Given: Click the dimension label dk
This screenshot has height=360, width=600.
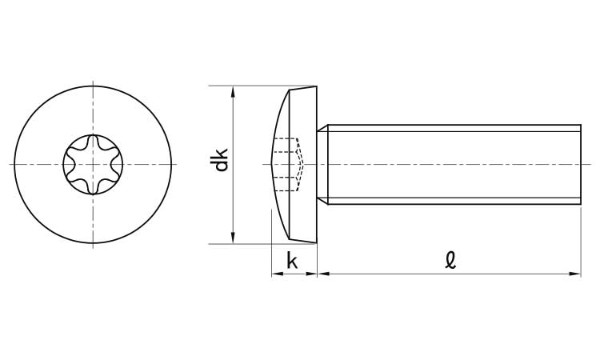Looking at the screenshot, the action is click(222, 159).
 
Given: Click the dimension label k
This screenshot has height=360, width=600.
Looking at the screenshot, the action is click(292, 262).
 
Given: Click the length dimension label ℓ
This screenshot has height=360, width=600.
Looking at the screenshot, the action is click(450, 260).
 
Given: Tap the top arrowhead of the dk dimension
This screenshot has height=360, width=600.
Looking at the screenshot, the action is click(233, 91).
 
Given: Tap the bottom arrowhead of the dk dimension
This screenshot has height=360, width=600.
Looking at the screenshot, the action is click(233, 238).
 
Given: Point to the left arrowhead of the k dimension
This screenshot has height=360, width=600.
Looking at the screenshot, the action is click(277, 274).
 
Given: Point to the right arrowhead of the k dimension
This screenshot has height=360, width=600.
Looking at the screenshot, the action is click(311, 274).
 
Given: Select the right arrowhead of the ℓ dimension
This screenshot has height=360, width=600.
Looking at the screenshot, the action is click(575, 274).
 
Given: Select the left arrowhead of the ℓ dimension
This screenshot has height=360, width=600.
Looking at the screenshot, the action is click(324, 274).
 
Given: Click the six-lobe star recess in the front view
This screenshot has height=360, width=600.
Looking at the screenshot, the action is click(93, 165).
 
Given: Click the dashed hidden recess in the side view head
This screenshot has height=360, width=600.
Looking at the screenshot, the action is click(288, 165).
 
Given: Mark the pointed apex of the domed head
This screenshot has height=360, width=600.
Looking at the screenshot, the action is click(272, 165).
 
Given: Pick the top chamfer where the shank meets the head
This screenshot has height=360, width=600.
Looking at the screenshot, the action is click(322, 128).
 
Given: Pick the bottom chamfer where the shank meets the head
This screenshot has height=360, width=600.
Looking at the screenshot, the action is click(322, 201).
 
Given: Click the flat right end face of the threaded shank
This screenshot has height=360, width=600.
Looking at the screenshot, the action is click(581, 165).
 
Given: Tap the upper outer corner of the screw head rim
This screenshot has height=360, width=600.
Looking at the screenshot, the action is click(317, 86).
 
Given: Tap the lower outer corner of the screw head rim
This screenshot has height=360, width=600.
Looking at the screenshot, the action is click(317, 243).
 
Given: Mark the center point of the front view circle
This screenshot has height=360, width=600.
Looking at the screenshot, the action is click(93, 165).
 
